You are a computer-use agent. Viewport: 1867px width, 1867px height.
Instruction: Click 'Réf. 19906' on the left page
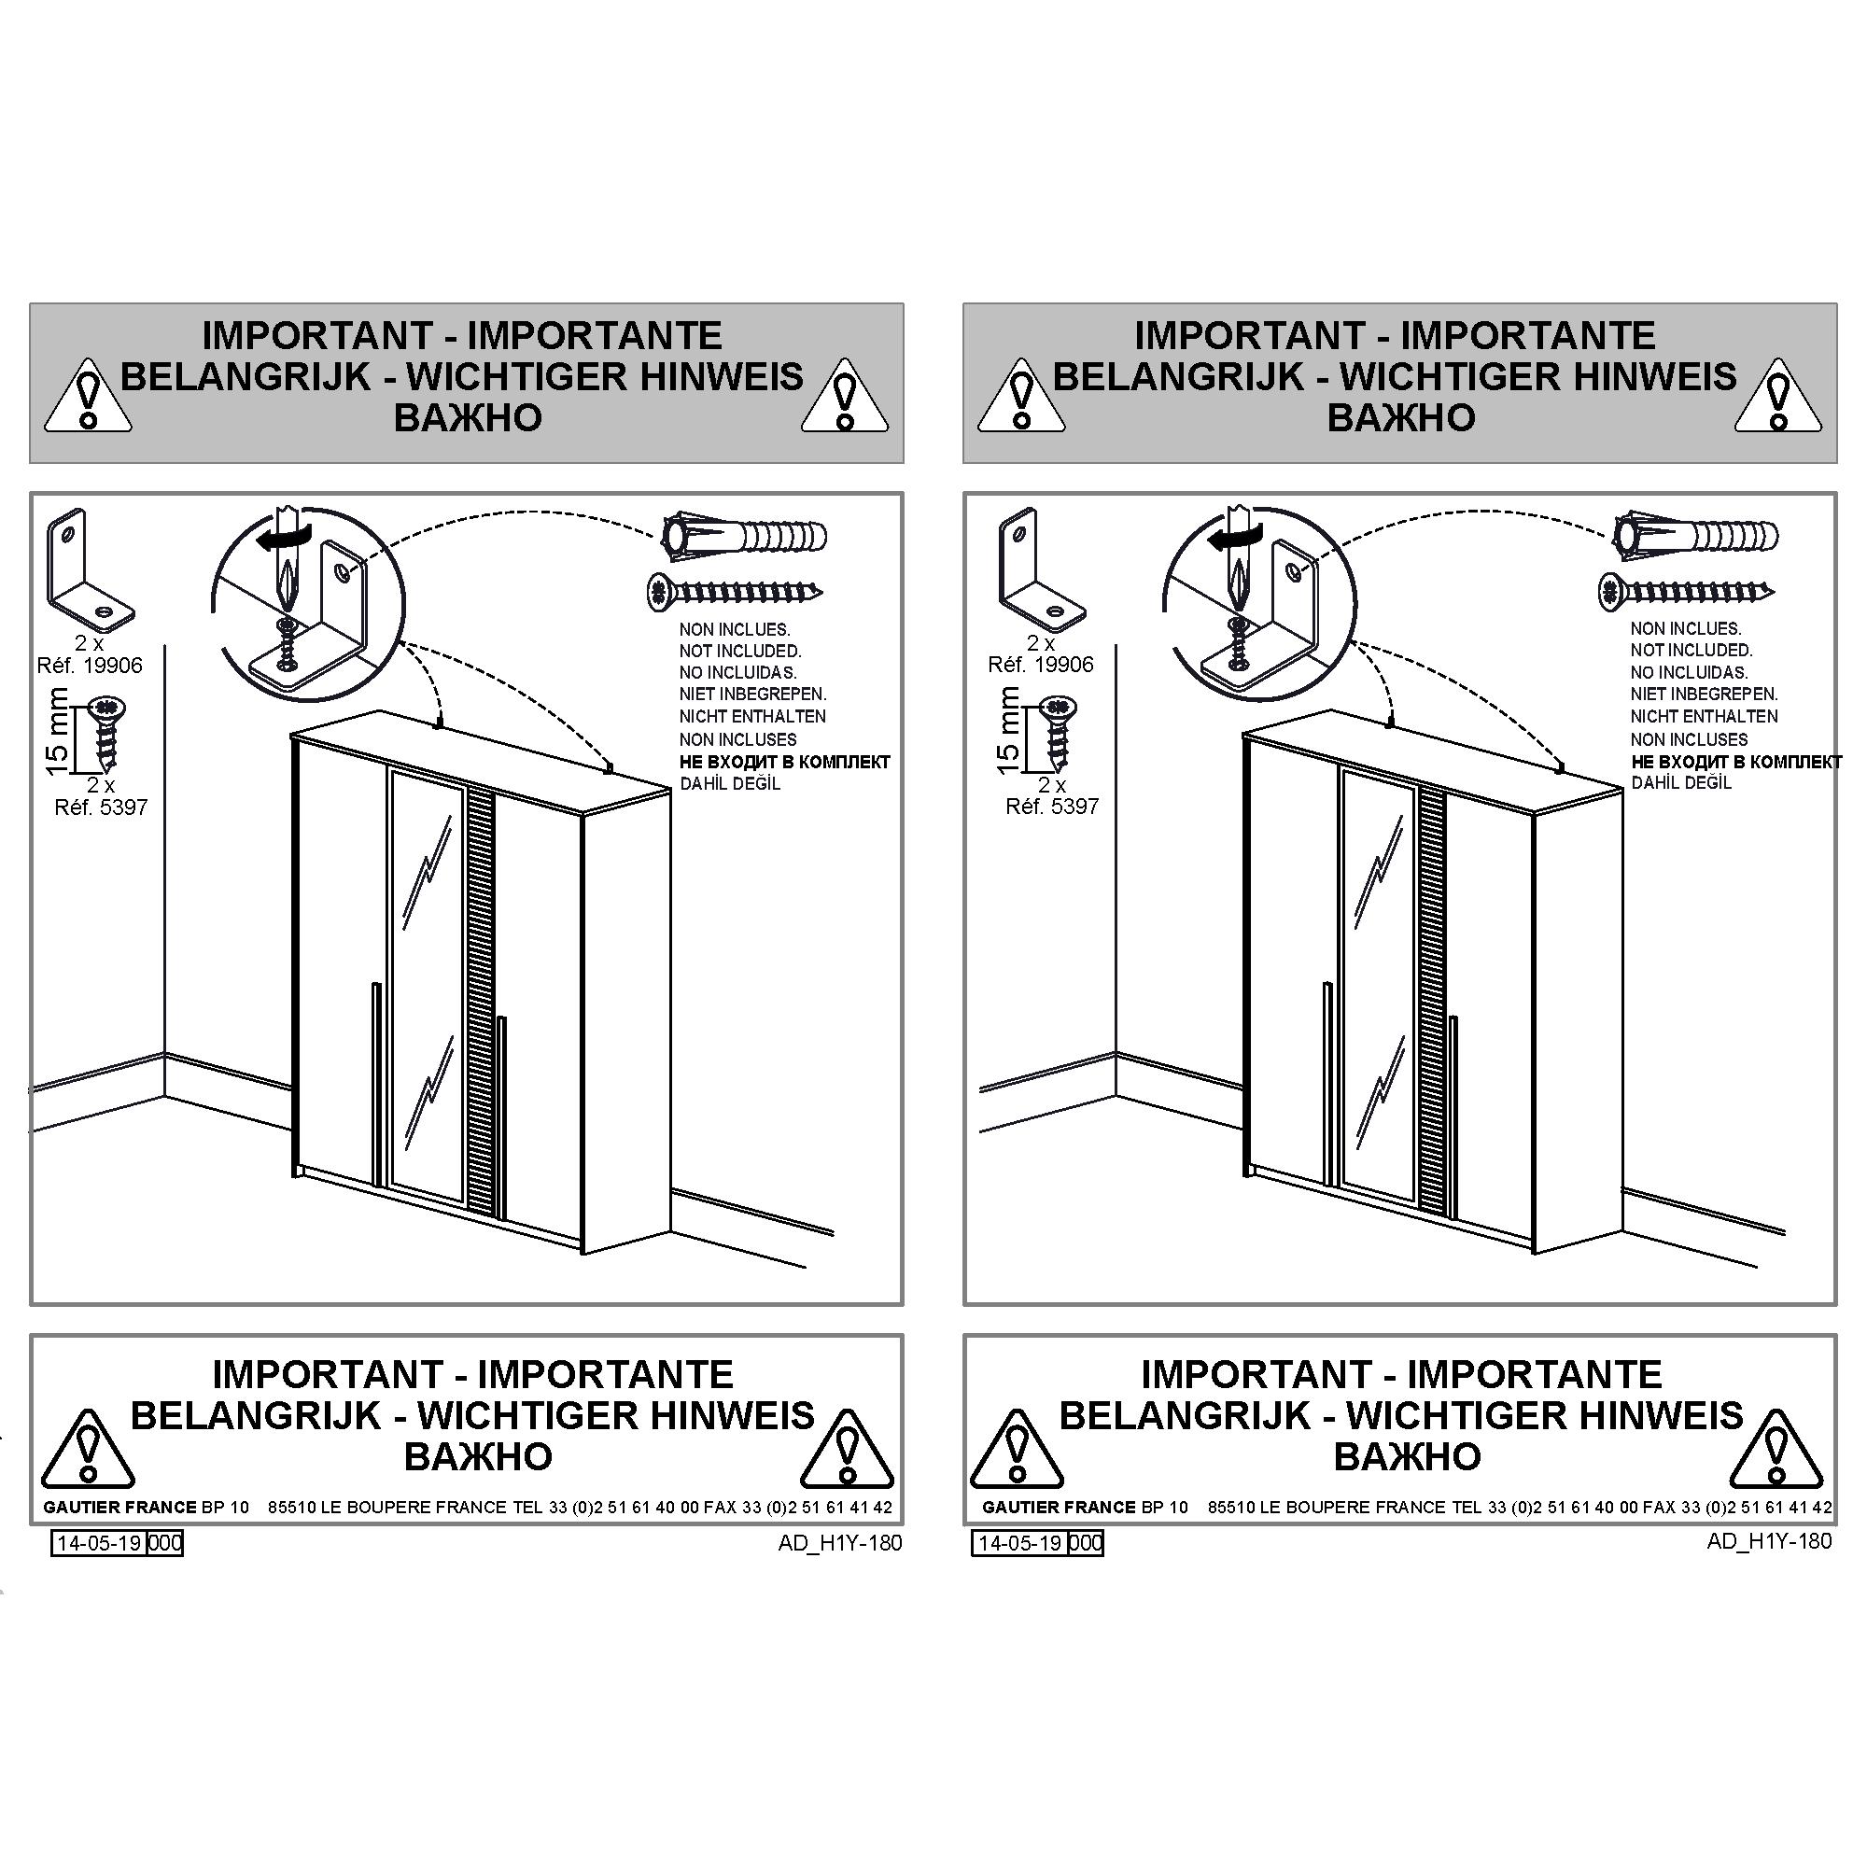coord(90,666)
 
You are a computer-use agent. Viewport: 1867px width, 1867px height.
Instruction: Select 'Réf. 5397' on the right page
coord(1052,807)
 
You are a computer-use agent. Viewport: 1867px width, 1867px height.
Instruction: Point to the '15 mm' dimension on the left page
coord(58,732)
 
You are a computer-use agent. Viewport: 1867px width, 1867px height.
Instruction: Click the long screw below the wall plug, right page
coord(1685,591)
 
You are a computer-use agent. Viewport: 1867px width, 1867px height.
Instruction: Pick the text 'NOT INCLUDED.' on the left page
coord(740,652)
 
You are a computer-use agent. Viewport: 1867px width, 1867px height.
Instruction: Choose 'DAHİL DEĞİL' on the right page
coord(1681,783)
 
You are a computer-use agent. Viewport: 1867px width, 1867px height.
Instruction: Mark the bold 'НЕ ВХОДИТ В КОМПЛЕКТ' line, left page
coord(785,762)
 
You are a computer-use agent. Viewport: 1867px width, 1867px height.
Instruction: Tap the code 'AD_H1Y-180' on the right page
coord(1769,1541)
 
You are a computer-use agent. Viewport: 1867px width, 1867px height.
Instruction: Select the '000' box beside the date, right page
coord(1087,1543)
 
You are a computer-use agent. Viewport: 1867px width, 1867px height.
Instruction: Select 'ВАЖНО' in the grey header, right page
coord(1401,417)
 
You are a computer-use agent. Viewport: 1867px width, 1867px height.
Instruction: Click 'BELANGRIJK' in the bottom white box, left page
coord(256,1416)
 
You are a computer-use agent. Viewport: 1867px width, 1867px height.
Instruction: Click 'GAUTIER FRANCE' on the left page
coord(119,1508)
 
